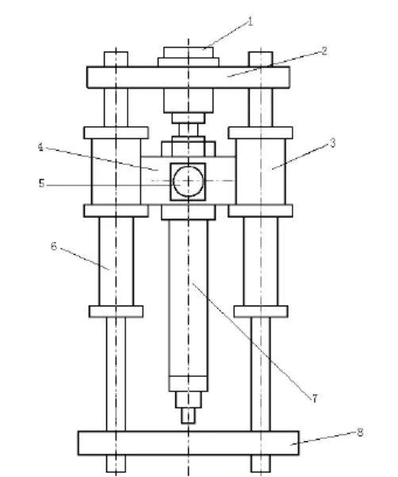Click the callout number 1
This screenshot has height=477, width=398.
point(250,22)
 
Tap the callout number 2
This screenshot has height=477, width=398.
point(324,51)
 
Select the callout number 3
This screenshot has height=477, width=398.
point(333,143)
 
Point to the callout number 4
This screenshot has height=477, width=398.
point(40,148)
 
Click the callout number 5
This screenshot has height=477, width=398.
point(41,183)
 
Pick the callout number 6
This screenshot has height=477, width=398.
point(54,246)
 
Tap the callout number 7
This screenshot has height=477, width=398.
point(315,398)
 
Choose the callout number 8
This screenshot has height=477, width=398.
point(360,433)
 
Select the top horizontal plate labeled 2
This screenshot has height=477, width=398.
point(188,77)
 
